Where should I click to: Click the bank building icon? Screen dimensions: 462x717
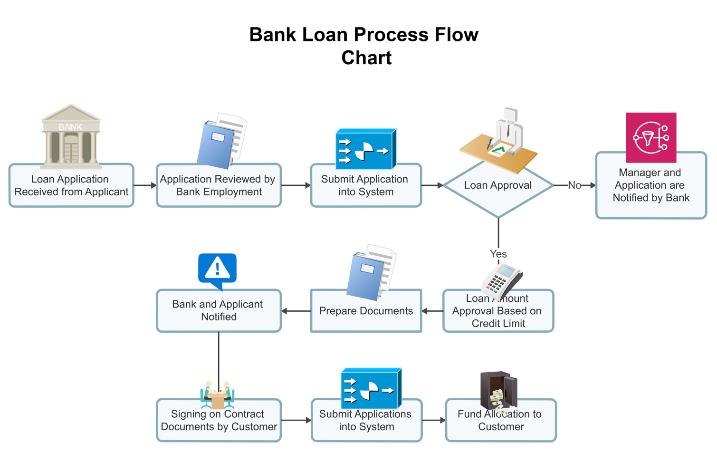coord(71,137)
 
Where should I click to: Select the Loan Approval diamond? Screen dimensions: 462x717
coord(498,190)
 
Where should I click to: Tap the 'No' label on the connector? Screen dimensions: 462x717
coord(574,185)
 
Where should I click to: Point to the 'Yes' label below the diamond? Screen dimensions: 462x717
coord(498,254)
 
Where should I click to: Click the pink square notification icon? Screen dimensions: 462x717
coord(651,137)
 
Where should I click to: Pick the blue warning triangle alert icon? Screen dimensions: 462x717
coord(217,270)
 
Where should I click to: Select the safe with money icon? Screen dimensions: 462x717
coord(498,391)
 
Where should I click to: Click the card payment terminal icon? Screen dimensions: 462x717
coord(501,281)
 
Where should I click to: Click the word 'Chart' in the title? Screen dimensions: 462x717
coord(366,58)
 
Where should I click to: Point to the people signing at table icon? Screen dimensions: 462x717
coord(218,395)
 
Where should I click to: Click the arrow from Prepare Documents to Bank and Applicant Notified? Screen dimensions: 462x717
coord(296,311)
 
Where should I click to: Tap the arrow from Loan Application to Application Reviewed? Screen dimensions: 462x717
coord(145,185)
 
